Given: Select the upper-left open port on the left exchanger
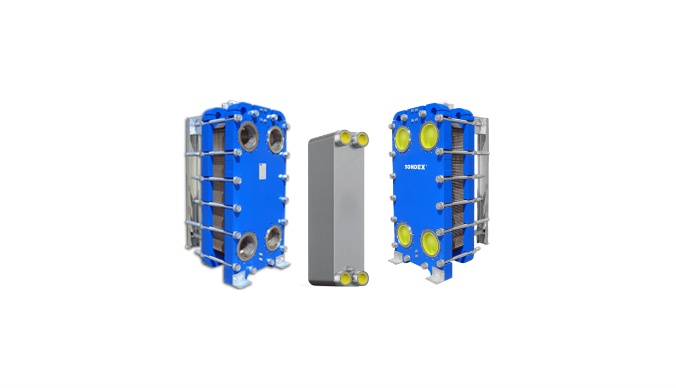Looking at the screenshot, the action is (x=249, y=137).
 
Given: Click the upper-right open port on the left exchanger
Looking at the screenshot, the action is (x=276, y=140).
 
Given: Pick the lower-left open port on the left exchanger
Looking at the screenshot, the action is (x=247, y=246).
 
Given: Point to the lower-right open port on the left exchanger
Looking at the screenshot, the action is (x=274, y=238).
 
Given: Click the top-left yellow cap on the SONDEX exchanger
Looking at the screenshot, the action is (x=403, y=140).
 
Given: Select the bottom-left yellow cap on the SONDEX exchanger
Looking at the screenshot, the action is (x=404, y=235).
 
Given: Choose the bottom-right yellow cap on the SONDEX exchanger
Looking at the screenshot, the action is (x=430, y=244).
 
